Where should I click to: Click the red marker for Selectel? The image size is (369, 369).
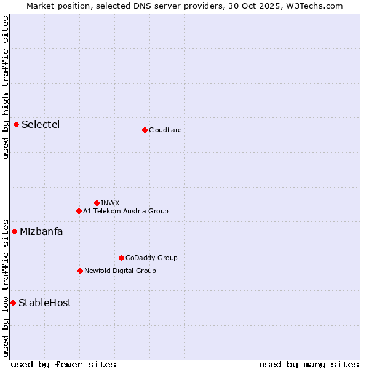[x=16, y=125]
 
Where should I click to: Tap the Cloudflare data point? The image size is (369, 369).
[x=145, y=130]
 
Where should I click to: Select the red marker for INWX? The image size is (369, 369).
[x=97, y=203]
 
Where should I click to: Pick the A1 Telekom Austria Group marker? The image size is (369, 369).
[x=79, y=211]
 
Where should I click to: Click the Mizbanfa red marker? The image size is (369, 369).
[x=14, y=232]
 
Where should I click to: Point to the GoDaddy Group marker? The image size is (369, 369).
[x=121, y=258]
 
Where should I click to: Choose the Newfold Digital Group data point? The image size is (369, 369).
[x=80, y=271]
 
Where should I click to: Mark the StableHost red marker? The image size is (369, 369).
[x=13, y=303]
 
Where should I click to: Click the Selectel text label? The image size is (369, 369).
[x=41, y=125]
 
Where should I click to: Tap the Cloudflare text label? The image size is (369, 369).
[x=165, y=130]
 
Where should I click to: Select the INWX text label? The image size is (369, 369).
[x=110, y=203]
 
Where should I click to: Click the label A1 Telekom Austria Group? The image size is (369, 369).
[x=125, y=211]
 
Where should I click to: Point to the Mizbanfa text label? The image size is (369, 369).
[x=41, y=232]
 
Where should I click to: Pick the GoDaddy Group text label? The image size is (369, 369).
[x=151, y=258]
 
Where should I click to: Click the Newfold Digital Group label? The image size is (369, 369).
[x=120, y=271]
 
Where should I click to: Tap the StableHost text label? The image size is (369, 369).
[x=45, y=303]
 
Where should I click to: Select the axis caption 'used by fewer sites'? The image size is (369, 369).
[x=63, y=364]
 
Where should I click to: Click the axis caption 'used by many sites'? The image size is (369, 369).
[x=309, y=364]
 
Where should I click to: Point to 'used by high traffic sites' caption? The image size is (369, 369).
[x=6, y=87]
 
